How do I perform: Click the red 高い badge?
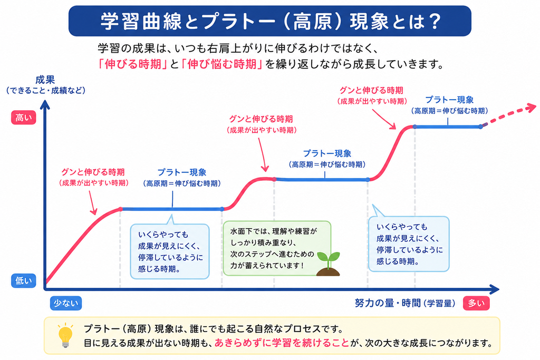coord(23,118)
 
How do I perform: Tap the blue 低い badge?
coord(23,281)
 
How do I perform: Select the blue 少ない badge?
coord(66,303)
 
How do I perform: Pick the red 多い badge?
coord(476,303)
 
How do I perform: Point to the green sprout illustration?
coord(328,264)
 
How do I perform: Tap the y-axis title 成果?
coord(45,80)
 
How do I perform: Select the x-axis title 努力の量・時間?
coord(388,303)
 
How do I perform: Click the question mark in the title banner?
coord(435,21)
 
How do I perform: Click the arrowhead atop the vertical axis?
coord(45,105)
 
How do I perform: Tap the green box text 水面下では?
coord(247,231)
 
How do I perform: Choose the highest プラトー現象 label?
coord(449,100)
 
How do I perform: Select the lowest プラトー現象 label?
coord(182,172)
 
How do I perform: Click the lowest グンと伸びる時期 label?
coord(93,172)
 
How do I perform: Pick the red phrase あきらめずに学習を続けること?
coord(282,343)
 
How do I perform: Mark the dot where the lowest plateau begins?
coord(121,209)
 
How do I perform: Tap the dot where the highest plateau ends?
coord(481,127)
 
